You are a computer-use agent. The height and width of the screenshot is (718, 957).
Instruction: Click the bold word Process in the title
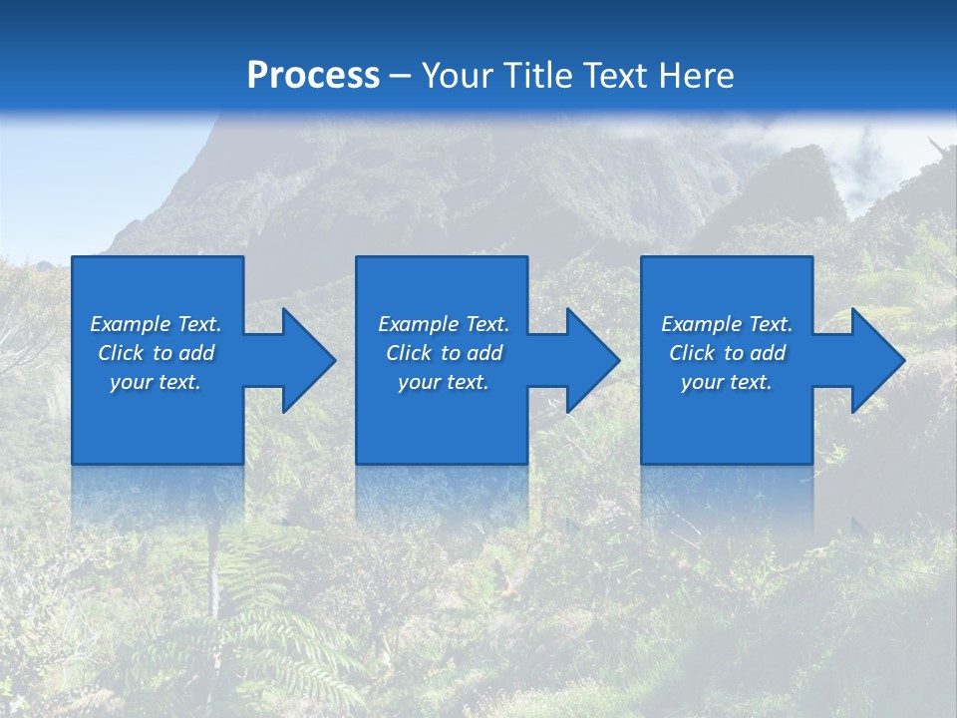[x=313, y=76]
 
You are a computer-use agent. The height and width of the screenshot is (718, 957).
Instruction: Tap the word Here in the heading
[x=697, y=76]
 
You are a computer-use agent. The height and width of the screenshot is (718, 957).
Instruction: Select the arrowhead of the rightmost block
[x=877, y=360]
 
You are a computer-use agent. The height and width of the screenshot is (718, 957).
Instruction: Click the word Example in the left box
[x=130, y=324]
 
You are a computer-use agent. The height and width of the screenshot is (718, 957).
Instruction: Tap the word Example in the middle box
[x=418, y=324]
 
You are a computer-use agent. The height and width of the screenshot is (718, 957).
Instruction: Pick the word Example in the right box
[x=701, y=324]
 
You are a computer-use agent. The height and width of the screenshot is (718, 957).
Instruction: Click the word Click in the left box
[x=121, y=353]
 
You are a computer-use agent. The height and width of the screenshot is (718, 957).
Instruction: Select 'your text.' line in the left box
[x=156, y=382]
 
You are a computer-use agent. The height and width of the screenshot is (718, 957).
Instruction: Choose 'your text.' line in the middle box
[x=444, y=382]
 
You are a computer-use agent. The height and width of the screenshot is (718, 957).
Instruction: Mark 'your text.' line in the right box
[x=727, y=382]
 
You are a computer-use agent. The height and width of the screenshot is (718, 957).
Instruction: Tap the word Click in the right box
[x=692, y=353]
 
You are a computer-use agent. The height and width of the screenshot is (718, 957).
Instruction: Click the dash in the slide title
[x=401, y=76]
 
